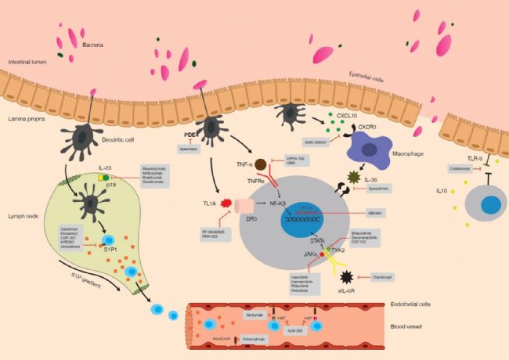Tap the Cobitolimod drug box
point(440,167)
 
